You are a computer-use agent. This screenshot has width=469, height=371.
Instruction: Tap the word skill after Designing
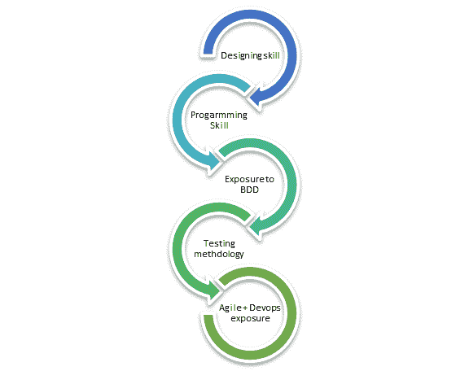point(272,55)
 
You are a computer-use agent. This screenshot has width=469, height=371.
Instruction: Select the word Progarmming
point(219,115)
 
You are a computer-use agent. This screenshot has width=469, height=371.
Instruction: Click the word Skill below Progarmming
point(219,125)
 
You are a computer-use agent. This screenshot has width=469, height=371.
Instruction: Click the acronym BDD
point(249,190)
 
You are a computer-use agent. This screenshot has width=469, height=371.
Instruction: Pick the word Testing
point(219,243)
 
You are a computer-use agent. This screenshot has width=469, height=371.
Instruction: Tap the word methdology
point(219,254)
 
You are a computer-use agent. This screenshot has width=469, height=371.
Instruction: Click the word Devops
point(265,308)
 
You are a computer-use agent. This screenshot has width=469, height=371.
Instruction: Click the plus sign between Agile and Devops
point(246,308)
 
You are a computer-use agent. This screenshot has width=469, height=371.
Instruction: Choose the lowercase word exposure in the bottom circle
point(250,318)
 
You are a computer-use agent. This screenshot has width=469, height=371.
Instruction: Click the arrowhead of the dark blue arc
point(256,97)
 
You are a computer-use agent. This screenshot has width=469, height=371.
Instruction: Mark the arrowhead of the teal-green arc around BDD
point(256,225)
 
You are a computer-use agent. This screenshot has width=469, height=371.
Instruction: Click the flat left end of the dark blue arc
point(208,51)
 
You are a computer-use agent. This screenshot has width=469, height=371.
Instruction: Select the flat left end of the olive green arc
point(208,317)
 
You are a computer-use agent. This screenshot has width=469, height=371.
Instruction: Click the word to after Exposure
point(270,179)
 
